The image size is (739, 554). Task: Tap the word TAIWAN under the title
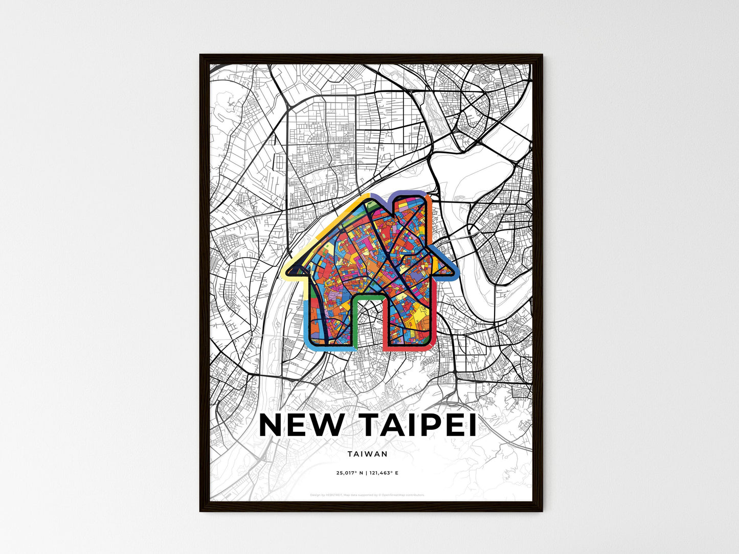[x=367, y=453]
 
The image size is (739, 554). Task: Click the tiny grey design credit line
[x=367, y=495]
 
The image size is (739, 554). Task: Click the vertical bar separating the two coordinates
[x=367, y=473]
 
